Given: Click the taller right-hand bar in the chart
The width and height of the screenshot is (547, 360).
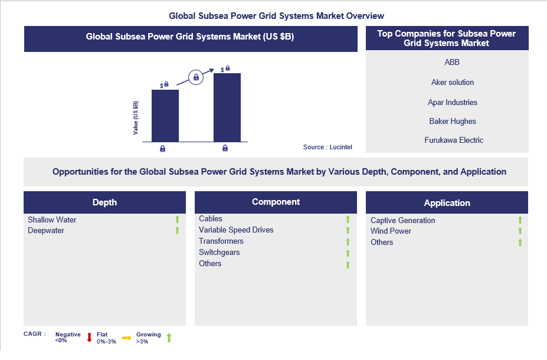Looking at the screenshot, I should point(227,107).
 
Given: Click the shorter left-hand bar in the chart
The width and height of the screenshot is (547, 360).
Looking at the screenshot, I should point(165,115).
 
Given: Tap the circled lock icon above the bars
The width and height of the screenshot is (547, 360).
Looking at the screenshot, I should point(196,77).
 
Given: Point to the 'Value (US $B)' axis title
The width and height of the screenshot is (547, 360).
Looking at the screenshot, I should point(136,118).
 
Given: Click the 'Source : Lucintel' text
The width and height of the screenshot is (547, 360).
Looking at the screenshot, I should point(327,147).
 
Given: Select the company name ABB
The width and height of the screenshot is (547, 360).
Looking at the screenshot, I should point(452,62).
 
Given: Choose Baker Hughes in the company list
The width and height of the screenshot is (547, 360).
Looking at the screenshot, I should point(453,121).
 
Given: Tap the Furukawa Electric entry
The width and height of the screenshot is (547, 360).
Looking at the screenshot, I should point(454,140).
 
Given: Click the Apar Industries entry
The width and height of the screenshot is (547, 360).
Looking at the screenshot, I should point(453,102).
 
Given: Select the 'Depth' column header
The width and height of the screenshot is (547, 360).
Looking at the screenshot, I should point(104,202).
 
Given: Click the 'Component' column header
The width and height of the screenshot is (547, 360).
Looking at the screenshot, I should point(276,202).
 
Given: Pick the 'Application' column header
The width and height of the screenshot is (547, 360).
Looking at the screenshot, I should point(447,202).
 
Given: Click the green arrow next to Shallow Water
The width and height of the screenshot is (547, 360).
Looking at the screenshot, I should point(176,220).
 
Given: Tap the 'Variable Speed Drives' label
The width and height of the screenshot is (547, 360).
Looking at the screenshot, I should point(236,230).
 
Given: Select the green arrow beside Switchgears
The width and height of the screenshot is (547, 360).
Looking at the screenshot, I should point(348,253).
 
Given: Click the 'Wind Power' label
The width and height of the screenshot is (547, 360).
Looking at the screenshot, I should point(391,231).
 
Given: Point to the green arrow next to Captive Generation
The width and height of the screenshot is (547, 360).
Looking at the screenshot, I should point(520,220).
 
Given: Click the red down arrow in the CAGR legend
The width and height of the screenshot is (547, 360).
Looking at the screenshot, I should point(89,338).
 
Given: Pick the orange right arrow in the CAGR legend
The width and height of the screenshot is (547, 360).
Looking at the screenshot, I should point(126,338).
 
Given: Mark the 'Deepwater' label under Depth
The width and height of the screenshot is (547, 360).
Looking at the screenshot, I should point(46,230).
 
